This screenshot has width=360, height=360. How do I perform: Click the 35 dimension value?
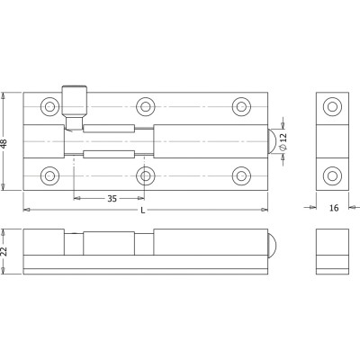(x=112, y=199)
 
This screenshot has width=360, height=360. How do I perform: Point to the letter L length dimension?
(x=143, y=211)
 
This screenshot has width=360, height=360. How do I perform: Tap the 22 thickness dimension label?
(x=4, y=252)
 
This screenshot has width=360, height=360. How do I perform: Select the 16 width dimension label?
(x=334, y=208)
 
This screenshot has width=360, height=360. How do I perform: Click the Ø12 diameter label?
(x=283, y=141)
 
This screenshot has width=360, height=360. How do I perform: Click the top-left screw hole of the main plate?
(x=49, y=106)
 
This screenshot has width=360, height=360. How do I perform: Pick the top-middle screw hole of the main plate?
(x=146, y=106)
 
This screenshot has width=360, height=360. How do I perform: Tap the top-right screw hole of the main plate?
(x=241, y=106)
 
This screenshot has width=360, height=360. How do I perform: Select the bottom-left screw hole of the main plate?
(x=49, y=175)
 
